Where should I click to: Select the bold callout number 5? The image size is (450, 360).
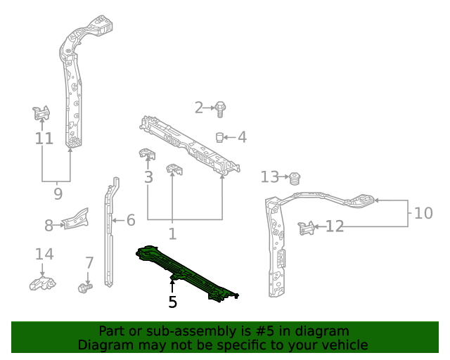(x=172, y=302)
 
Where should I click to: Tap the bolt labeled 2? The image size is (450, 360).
(x=220, y=108)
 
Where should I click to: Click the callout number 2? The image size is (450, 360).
(x=199, y=108)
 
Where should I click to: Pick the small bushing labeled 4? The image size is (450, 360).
(x=220, y=136)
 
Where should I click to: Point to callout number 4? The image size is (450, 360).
(x=242, y=137)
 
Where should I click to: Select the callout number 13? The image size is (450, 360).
(x=270, y=177)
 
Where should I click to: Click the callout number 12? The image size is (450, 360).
(x=335, y=226)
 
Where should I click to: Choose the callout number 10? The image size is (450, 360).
(x=423, y=213)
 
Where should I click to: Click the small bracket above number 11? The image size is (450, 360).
(x=41, y=112)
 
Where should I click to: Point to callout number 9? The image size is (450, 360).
(x=58, y=193)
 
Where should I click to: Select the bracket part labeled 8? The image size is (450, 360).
(x=76, y=219)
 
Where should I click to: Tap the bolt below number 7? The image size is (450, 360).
(x=85, y=288)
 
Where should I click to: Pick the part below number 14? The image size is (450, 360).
(x=42, y=283)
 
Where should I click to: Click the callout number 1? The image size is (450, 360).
(x=172, y=233)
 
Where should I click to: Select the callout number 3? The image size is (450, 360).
(x=148, y=177)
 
